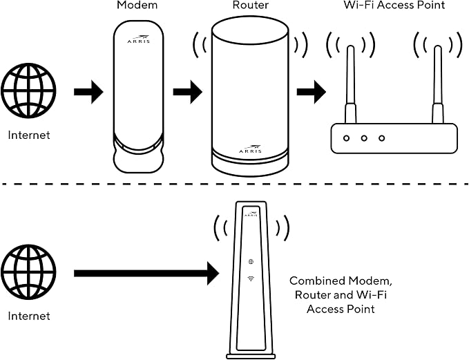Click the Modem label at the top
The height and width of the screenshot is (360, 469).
pos(137,5)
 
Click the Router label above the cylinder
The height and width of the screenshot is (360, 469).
pos(251,5)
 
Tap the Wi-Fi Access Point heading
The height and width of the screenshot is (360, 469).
pos(394,5)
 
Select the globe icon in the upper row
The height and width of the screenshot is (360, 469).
pos(29,91)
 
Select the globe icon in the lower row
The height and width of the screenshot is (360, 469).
pos(29,272)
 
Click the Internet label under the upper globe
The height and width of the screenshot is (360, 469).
pos(29,135)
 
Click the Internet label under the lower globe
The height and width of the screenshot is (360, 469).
pos(29,316)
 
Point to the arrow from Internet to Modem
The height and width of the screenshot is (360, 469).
pos(88,92)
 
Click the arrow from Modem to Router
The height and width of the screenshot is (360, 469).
pos(188,92)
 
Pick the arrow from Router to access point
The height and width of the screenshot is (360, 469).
pos(312,92)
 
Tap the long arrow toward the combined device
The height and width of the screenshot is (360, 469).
pos(146,273)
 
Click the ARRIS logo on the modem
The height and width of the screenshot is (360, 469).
pos(138,39)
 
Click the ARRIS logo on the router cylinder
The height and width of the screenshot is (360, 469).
pos(250,149)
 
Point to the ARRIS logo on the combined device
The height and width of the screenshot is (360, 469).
pos(251,214)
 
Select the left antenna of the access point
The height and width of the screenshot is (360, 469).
pos(351,84)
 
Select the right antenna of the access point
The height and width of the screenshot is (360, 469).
pos(438,84)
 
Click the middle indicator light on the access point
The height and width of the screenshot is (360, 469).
pos(364,138)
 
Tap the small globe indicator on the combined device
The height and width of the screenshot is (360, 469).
pos(251,262)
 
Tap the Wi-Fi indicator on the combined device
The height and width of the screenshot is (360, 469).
pos(251,278)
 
